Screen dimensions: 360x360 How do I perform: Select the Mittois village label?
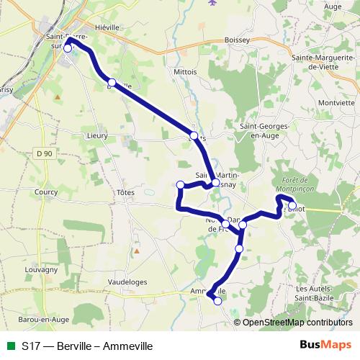[185, 73]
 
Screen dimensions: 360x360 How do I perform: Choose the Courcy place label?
[45, 192]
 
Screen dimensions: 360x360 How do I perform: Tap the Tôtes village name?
[125, 192]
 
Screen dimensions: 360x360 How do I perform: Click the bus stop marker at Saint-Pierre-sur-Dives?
[68, 49]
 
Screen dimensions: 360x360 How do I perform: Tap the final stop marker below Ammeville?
[217, 302]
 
